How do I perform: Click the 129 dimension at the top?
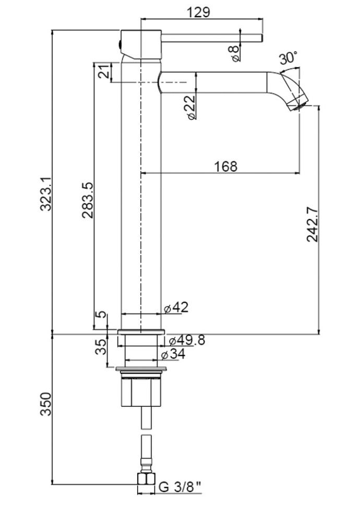200,11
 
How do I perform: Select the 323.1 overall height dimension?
46,193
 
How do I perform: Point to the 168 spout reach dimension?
225,166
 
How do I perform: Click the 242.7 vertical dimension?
312,224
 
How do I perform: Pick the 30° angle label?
288,58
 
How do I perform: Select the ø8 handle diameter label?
233,52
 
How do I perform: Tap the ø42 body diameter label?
176,308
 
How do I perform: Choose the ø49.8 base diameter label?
184,340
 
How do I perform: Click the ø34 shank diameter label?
173,355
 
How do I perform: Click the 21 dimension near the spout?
104,71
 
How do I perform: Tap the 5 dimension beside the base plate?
101,317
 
